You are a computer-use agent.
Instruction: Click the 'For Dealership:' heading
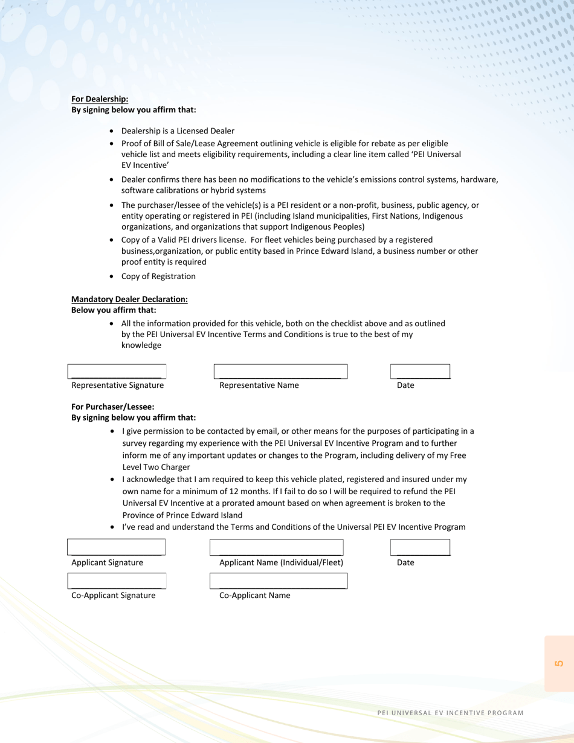pos(100,99)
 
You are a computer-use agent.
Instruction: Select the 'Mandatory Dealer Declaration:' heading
pos(129,299)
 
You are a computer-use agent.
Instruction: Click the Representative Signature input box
pos(117,372)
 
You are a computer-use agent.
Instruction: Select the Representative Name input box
pos(280,372)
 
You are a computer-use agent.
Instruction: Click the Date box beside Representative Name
pos(420,372)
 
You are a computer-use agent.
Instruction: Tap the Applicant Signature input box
pos(116,547)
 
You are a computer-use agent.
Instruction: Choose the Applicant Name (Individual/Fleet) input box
pos(276,547)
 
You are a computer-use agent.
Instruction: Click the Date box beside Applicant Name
pos(420,547)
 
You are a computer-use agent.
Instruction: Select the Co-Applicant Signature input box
pos(117,581)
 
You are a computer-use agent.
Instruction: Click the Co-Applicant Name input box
pos(278,581)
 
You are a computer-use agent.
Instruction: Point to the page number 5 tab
pos(559,663)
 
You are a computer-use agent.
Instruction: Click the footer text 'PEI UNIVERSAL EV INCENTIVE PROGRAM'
pos(450,713)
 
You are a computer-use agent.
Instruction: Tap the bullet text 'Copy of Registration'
pos(158,276)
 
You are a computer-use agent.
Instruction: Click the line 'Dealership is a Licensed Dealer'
pos(178,130)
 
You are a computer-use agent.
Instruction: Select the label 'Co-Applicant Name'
pos(254,596)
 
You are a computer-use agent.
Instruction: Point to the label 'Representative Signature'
pos(117,385)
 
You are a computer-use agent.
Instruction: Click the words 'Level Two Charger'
pos(156,467)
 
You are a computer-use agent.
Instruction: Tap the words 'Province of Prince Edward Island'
pos(182,515)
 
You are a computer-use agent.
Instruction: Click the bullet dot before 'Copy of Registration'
pos(112,277)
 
